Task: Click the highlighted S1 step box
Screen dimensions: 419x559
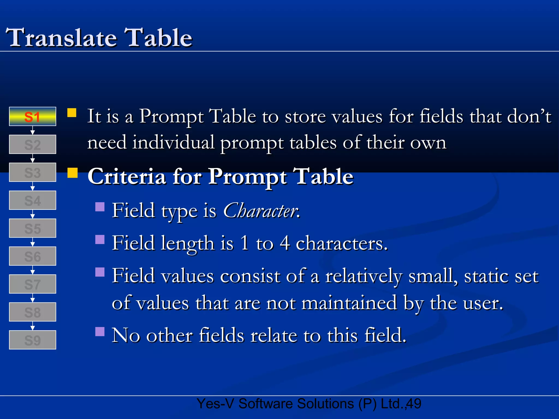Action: pyautogui.click(x=32, y=116)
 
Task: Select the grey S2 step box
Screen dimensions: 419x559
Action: pyautogui.click(x=32, y=144)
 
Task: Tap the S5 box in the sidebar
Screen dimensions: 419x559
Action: pyautogui.click(x=32, y=228)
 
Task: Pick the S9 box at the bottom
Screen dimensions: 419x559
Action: pyautogui.click(x=32, y=340)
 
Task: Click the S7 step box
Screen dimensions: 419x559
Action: pyautogui.click(x=32, y=284)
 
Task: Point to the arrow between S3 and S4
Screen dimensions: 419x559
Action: pyautogui.click(x=32, y=186)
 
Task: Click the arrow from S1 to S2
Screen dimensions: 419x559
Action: pyautogui.click(x=32, y=130)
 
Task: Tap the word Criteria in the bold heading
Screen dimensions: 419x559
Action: pyautogui.click(x=127, y=176)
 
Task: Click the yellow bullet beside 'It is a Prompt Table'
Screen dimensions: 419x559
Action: pyautogui.click(x=72, y=113)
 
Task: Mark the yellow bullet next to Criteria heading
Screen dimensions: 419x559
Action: pyautogui.click(x=72, y=173)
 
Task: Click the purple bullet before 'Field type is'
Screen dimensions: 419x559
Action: pyautogui.click(x=100, y=207)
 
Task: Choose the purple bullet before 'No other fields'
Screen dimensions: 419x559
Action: pyautogui.click(x=100, y=331)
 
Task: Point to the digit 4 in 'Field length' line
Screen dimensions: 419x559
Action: pyautogui.click(x=284, y=243)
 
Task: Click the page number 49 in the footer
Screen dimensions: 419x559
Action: pyautogui.click(x=414, y=404)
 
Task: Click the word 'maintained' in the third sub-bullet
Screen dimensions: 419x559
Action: pyautogui.click(x=349, y=303)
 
